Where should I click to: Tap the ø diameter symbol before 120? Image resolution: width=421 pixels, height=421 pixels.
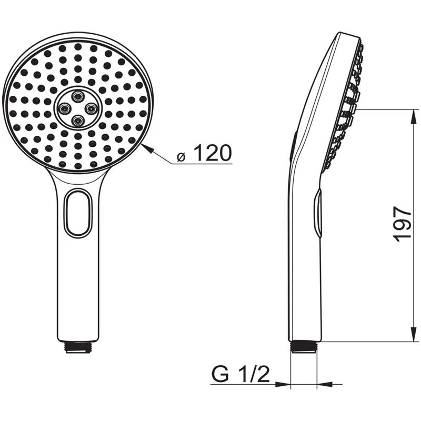point(181,156)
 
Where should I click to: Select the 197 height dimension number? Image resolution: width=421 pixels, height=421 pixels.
point(403,224)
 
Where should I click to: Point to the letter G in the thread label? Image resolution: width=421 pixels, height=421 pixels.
point(222,375)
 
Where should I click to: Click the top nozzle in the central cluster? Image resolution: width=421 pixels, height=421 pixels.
point(78,96)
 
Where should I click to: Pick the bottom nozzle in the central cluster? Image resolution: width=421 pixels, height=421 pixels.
point(78,121)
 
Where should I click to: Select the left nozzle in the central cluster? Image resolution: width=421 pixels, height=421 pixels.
point(65,108)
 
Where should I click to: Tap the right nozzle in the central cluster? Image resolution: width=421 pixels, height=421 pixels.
point(91,108)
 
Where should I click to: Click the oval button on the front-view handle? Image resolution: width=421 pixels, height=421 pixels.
point(78,213)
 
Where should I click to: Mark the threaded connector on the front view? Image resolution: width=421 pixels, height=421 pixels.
point(78,347)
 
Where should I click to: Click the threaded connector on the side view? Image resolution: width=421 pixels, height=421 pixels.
point(303,347)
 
